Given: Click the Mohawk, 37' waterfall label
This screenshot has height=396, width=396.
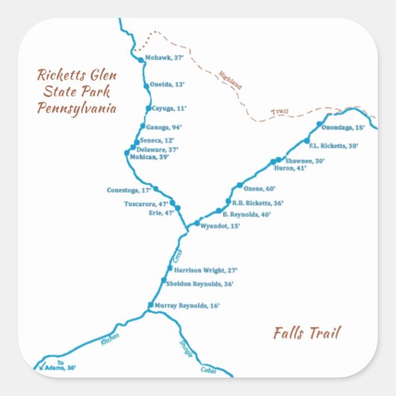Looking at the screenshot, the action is tap(164, 58).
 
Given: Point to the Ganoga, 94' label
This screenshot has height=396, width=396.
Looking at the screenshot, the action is tap(164, 127).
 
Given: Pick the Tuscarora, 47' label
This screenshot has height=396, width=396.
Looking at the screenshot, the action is tap(146, 204).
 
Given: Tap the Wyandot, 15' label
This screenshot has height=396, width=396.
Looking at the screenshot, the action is tap(220, 226).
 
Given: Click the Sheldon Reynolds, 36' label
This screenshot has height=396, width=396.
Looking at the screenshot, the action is tap(200, 284).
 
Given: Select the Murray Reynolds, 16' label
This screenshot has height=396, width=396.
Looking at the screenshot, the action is tap(187, 306).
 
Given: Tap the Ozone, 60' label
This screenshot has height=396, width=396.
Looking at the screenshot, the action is tap(261, 188).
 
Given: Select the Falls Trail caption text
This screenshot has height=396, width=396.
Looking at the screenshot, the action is tap(306, 333).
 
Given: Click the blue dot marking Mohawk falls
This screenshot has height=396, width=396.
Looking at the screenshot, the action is tap(140, 59).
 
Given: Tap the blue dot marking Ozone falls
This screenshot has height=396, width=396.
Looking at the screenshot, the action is tap(240, 185).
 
